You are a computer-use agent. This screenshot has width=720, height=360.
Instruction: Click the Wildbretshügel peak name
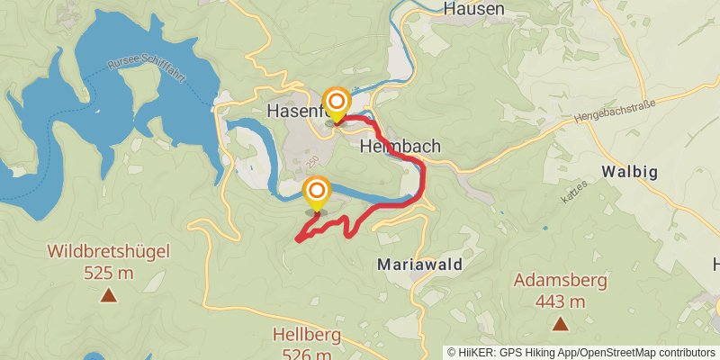click(108, 251)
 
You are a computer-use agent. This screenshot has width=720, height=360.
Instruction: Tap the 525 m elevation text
click(108, 272)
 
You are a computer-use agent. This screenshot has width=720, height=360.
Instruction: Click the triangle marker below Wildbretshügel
click(108, 294)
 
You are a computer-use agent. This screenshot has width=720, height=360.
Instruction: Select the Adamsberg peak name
click(560, 280)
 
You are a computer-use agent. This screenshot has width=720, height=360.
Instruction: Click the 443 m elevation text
click(560, 301)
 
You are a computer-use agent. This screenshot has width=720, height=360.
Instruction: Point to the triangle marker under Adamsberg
click(560, 323)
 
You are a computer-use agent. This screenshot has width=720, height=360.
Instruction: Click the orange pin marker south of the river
click(316, 193)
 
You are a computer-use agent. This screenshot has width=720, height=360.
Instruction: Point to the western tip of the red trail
click(297, 239)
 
